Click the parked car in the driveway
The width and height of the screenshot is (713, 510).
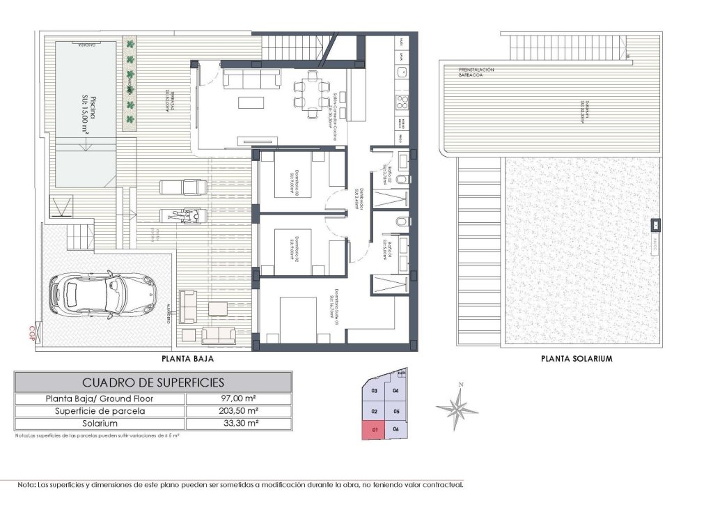tap(102, 294)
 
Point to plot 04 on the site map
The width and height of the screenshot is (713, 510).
tap(395, 391)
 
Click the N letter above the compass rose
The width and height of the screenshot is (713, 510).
tap(460, 385)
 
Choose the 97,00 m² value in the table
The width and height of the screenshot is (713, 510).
tap(239, 399)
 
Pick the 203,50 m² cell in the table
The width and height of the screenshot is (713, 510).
tap(239, 411)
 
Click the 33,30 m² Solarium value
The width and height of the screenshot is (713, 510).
tap(239, 423)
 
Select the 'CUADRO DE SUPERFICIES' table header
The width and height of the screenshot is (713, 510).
tap(153, 382)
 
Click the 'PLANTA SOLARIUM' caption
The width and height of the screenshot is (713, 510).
tap(577, 360)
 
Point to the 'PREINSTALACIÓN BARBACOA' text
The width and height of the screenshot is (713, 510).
tap(477, 73)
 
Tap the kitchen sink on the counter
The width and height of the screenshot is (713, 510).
tap(402, 71)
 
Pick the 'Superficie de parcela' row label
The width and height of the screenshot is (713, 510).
tap(100, 411)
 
